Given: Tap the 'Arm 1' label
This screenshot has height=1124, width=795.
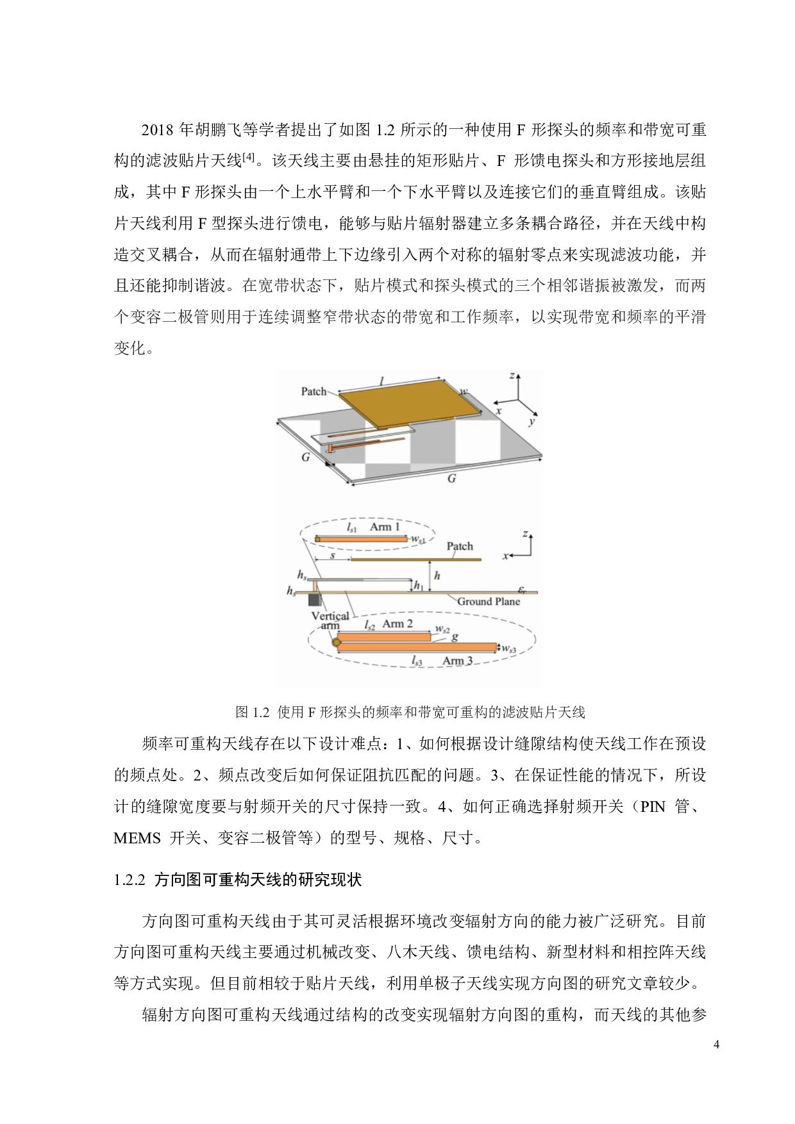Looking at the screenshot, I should pyautogui.click(x=385, y=527).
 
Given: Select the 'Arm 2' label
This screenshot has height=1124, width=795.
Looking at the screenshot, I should pyautogui.click(x=397, y=624).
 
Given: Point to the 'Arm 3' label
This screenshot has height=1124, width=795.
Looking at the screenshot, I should pyautogui.click(x=457, y=661).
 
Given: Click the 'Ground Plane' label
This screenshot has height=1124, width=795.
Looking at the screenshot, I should pyautogui.click(x=488, y=601).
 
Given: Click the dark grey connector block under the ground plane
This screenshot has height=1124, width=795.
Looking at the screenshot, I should pyautogui.click(x=314, y=600).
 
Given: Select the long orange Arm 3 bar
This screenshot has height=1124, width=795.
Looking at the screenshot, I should pyautogui.click(x=417, y=647).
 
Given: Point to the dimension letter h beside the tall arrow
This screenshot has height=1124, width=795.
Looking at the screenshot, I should pyautogui.click(x=437, y=575).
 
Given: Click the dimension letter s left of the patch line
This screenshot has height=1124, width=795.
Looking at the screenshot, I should pyautogui.click(x=332, y=556).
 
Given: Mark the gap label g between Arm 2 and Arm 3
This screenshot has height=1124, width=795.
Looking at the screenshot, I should pyautogui.click(x=455, y=637).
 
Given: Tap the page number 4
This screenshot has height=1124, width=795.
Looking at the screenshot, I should pyautogui.click(x=716, y=1045).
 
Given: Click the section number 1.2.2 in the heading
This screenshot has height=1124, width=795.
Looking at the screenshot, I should pyautogui.click(x=130, y=880).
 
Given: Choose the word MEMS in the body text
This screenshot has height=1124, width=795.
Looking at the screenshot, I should pyautogui.click(x=137, y=838).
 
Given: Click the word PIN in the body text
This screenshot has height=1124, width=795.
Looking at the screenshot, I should pyautogui.click(x=653, y=807).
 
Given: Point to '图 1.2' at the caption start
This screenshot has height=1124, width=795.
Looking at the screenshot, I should pyautogui.click(x=252, y=712).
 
